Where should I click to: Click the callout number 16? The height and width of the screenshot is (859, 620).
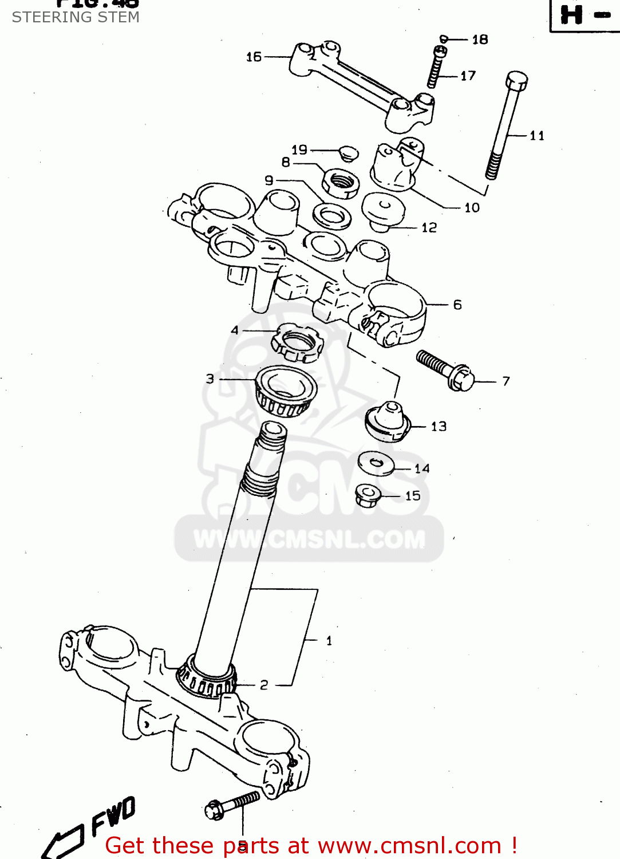click(254, 57)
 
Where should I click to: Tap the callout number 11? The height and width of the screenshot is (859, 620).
click(536, 136)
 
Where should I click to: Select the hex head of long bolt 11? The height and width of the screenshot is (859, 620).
click(516, 81)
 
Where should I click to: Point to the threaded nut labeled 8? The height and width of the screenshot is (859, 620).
click(341, 182)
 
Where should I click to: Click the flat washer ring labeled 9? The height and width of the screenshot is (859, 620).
click(332, 216)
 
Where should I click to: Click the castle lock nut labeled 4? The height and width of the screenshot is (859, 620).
click(294, 342)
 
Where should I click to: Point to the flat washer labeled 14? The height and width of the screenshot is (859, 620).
click(376, 463)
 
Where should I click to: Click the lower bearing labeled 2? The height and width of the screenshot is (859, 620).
click(207, 679)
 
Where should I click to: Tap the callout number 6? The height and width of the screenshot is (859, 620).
click(457, 305)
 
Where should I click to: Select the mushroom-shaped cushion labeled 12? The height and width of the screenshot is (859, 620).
click(384, 210)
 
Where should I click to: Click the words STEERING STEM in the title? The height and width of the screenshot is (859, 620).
click(76, 17)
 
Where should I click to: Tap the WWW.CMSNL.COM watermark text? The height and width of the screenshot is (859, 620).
click(309, 539)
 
